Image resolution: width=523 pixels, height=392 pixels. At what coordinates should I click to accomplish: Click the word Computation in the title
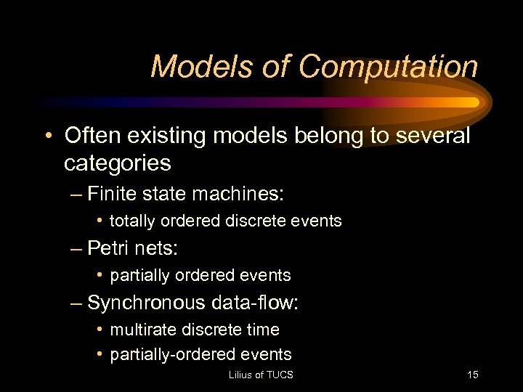tap(388, 68)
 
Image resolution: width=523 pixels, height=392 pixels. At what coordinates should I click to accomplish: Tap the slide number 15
tap(472, 375)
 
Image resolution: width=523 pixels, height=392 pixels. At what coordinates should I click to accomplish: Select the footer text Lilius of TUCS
tap(261, 375)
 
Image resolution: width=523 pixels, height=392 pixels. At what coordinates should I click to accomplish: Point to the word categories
tap(118, 163)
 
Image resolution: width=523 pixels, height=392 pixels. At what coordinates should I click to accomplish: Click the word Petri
tap(110, 248)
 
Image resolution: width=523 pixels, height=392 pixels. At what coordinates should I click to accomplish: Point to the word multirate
tap(139, 330)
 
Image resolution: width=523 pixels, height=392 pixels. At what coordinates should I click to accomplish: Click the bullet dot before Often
tap(46, 136)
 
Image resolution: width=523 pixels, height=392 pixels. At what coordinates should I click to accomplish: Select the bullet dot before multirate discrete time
tap(99, 330)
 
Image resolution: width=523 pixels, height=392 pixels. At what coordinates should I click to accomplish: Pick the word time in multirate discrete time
tap(263, 330)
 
